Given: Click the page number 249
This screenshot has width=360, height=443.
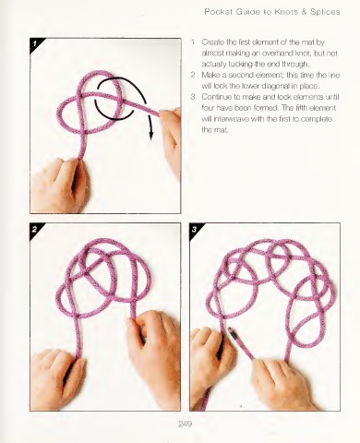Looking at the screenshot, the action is point(186,424).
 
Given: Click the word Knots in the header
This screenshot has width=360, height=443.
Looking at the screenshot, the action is point(286,12).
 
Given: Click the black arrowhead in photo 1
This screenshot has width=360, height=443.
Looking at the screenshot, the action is point(151,135).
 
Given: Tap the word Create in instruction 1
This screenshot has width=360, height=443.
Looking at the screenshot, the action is point(211,42).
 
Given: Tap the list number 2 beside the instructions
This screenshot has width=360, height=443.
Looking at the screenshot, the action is point(193,75).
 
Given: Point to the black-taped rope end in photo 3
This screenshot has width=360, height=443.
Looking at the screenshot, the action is point(233,333).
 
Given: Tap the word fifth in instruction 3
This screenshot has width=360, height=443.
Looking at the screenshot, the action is point(301,108).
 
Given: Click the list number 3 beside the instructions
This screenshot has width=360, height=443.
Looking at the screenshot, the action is point(193,97).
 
